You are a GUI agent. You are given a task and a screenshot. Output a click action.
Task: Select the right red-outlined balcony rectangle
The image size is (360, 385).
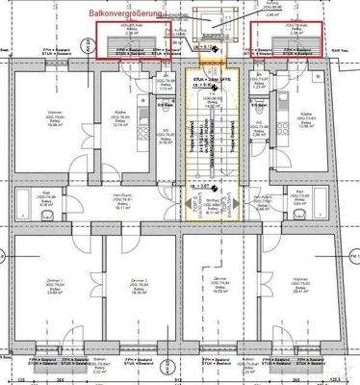tap(285, 40)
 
